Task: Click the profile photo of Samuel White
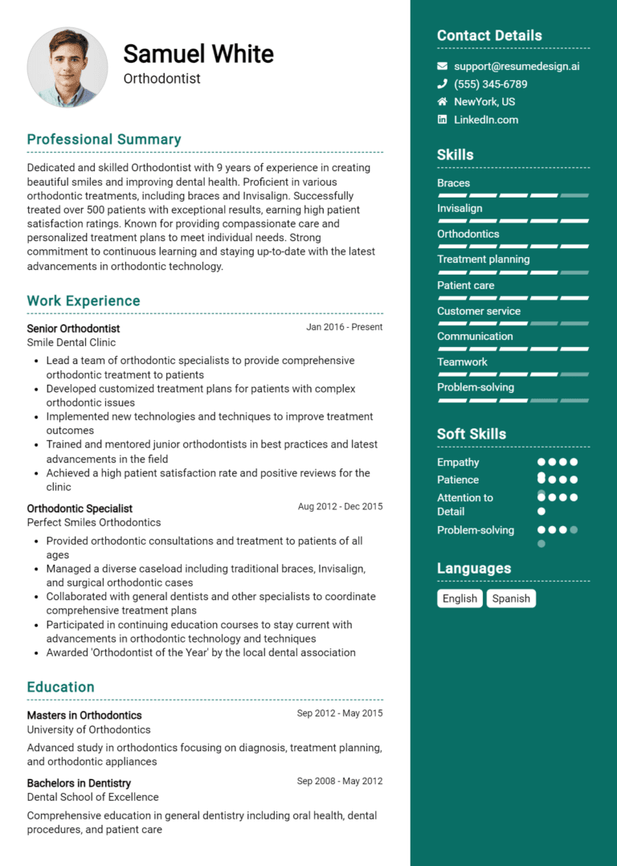click(x=67, y=68)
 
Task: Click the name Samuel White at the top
click(x=198, y=54)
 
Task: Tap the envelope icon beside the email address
click(x=442, y=66)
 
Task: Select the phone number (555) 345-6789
click(x=490, y=84)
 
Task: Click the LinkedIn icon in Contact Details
click(x=442, y=120)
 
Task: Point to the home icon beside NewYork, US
click(x=442, y=102)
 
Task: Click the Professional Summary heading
click(x=104, y=139)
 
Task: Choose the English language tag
click(x=460, y=598)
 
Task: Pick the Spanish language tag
click(x=511, y=598)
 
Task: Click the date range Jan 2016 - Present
click(x=344, y=327)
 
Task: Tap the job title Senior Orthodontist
click(x=73, y=329)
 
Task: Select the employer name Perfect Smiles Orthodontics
click(x=94, y=522)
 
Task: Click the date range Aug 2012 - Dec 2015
click(x=340, y=507)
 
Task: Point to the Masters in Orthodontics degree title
click(x=84, y=715)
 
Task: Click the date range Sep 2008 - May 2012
click(x=339, y=781)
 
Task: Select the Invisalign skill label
click(x=460, y=208)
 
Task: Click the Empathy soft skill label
click(x=458, y=462)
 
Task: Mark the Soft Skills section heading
click(x=472, y=434)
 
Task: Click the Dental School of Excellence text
click(x=92, y=797)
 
